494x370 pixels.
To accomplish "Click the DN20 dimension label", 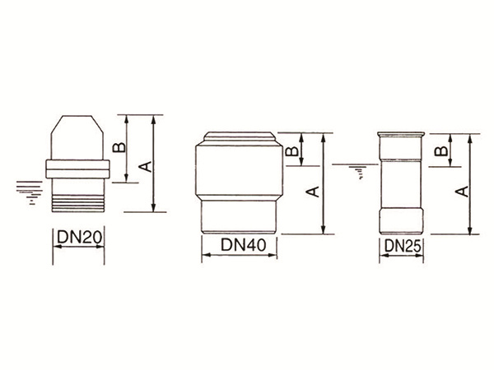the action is coord(79,238).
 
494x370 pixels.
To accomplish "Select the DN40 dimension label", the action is coord(244,245).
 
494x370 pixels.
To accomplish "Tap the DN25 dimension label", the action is coord(403,246).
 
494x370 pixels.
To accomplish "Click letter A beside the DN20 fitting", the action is coord(147,166).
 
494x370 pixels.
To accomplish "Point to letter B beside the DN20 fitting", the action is coord(119,147).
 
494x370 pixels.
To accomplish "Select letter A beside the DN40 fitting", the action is coord(313,192).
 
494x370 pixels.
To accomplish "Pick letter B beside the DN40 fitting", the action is coord(291,151).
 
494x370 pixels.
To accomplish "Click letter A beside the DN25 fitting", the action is coord(463,192).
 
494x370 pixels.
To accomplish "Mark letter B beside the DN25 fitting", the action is coord(440,150).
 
